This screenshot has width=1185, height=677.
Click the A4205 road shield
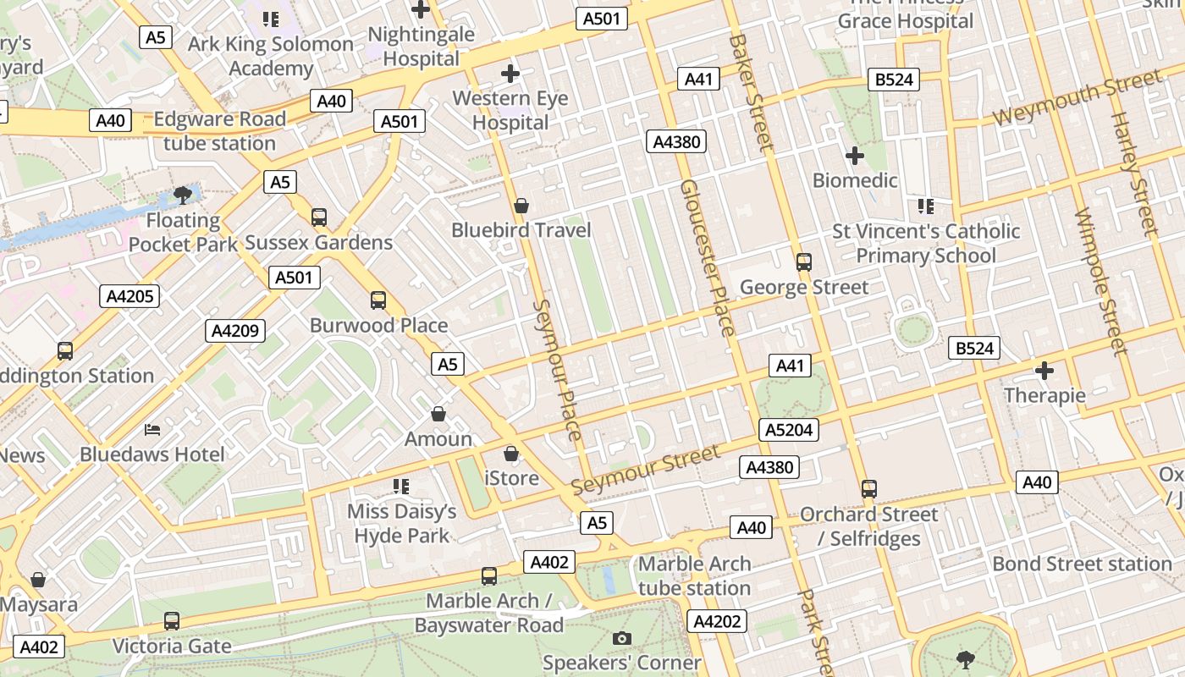coord(130,296)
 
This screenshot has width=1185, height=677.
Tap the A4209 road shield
coord(235,331)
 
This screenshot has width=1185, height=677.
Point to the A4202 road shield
coord(717,622)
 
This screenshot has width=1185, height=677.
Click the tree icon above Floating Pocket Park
coord(182,196)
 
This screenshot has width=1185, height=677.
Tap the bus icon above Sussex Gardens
coord(319,217)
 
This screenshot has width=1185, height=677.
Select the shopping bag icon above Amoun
coord(438,414)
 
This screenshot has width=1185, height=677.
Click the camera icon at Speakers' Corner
coord(622,638)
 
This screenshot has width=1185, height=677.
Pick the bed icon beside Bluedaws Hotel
coord(152,430)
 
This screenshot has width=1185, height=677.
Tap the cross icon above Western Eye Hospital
coord(510,74)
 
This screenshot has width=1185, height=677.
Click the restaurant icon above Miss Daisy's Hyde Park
coord(401,487)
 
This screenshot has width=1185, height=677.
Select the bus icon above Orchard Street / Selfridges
coord(868,489)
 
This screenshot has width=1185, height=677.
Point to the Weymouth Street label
coord(1076,99)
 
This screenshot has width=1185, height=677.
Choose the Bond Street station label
coord(1082,564)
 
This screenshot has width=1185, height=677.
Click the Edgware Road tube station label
coord(219,131)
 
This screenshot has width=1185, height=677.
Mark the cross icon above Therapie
coord(1044,371)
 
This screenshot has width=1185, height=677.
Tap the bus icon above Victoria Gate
coord(172,621)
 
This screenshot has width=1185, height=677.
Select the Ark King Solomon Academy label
coord(271,56)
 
